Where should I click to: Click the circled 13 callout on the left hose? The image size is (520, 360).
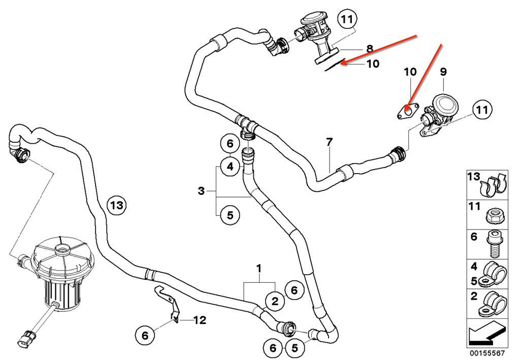116,206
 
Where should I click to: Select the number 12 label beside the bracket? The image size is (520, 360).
200,320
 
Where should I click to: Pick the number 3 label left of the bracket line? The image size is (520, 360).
202,191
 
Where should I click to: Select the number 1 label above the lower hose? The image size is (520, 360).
259,267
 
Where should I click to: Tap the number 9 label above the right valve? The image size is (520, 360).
443,73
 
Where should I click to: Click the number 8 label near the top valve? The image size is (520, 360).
370,49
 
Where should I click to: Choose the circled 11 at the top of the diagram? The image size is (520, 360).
346,20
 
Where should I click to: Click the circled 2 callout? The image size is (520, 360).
275,302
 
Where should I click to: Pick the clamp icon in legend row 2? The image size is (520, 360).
493,304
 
